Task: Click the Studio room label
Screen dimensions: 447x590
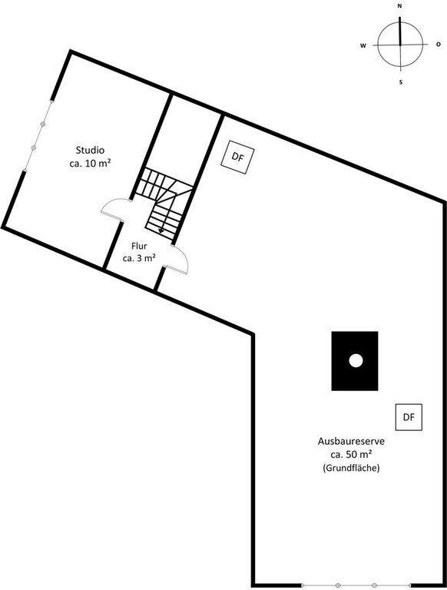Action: tap(90, 150)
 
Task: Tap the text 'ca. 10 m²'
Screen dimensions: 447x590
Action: tap(90, 164)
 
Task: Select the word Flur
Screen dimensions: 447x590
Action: tap(139, 246)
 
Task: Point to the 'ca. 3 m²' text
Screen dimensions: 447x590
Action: tap(139, 258)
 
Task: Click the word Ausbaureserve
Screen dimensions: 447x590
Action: tap(352, 441)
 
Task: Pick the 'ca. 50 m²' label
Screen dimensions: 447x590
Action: tap(352, 454)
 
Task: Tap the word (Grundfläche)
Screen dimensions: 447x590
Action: tap(351, 468)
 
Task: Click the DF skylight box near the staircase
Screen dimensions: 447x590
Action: tap(237, 157)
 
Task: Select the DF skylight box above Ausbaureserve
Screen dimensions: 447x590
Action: tap(409, 417)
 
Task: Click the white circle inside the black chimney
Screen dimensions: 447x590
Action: tap(356, 361)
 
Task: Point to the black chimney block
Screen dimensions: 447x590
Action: tap(354, 361)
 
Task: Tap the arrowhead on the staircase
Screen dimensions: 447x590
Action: tap(161, 230)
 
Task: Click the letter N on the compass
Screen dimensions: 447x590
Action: tap(399, 6)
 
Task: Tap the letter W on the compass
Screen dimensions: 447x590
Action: tap(363, 45)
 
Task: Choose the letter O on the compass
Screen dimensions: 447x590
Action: tap(439, 45)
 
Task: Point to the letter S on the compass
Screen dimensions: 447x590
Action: tap(401, 82)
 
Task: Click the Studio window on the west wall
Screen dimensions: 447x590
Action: tap(38, 135)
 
